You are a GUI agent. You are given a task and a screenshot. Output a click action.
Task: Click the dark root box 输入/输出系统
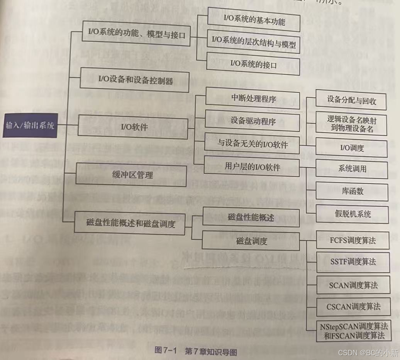tap(30, 126)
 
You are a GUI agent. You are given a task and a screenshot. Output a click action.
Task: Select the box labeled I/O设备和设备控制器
tap(135, 81)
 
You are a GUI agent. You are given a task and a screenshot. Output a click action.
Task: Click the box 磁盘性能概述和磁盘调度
tap(131, 223)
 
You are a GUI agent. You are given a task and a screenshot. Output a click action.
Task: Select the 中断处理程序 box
tap(253, 98)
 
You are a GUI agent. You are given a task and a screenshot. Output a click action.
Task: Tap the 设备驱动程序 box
tap(253, 121)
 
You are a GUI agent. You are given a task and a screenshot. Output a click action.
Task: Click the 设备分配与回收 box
tap(351, 100)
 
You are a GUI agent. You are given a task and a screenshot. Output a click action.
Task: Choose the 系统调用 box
tap(351, 169)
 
